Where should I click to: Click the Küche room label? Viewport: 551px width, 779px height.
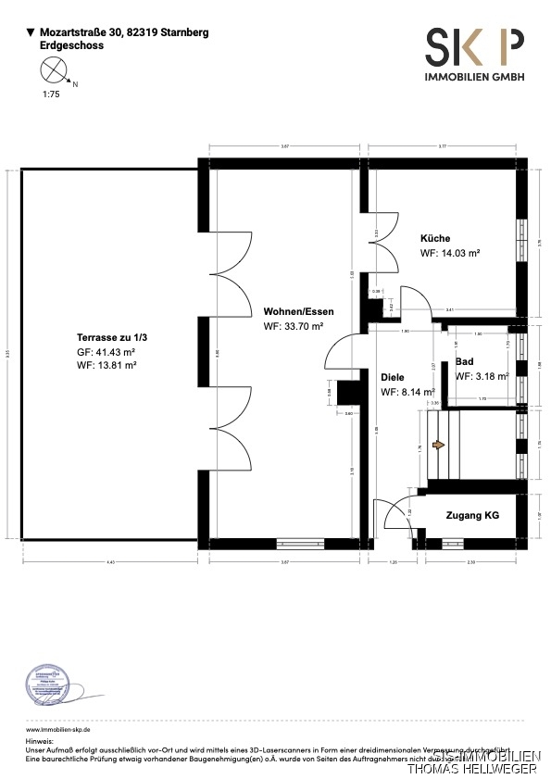coord(434,238)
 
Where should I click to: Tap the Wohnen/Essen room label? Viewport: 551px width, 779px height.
coord(298,311)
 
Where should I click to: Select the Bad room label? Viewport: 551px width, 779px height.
coord(465,361)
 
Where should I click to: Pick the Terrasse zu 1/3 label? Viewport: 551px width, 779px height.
coord(111,338)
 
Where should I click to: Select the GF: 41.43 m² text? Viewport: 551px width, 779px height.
coord(106,353)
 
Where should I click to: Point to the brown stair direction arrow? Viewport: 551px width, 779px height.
coord(438,446)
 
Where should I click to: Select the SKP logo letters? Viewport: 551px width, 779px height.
coord(474,46)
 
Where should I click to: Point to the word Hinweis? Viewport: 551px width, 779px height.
coord(41,742)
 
